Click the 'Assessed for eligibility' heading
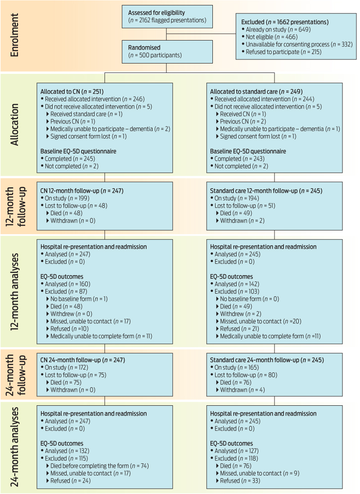[156, 12]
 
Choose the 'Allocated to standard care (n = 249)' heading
[256, 91]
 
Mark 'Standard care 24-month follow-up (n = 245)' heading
[267, 360]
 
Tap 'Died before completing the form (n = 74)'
[99, 466]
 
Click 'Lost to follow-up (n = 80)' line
[246, 375]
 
